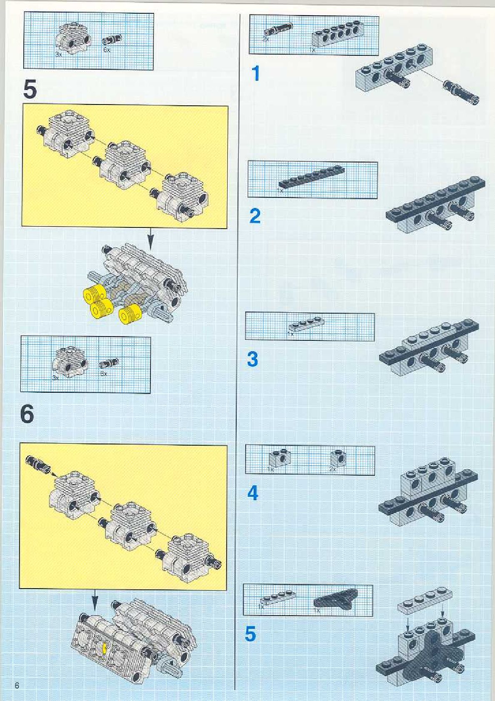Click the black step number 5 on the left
coord(30,90)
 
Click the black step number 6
coord(27,414)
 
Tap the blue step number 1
coord(256,74)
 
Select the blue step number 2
coord(255,216)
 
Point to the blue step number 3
coord(252,359)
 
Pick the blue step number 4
coord(253,493)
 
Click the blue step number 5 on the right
coord(250,634)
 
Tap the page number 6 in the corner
coord(17,686)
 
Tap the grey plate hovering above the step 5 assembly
coord(425,601)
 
